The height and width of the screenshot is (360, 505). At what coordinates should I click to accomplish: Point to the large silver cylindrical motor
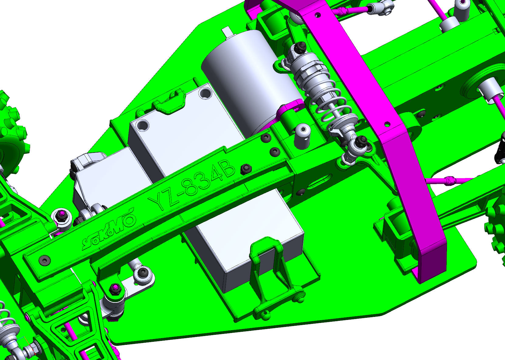click(250, 81)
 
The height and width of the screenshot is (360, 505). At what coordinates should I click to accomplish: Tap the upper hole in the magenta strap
click(318, 15)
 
